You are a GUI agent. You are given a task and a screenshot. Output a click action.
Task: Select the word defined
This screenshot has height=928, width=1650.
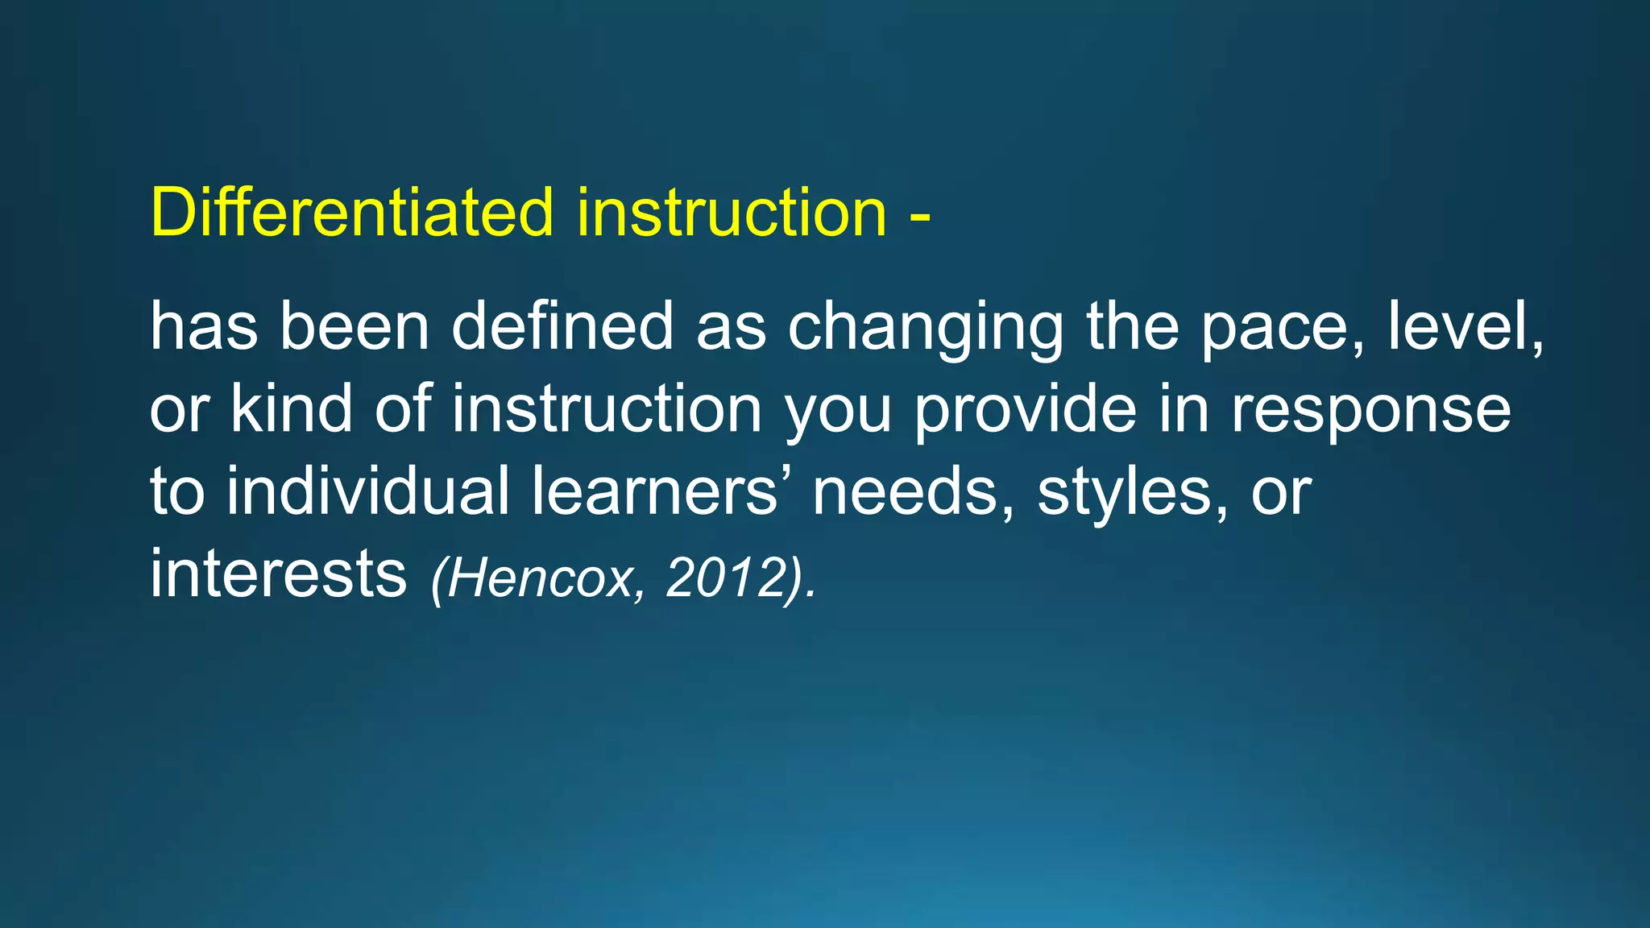562,326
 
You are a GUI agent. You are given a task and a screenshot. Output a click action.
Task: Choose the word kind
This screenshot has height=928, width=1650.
292,408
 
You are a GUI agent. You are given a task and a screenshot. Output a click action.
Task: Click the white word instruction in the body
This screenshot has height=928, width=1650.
606,409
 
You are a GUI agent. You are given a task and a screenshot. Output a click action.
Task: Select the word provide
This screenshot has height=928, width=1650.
1025,409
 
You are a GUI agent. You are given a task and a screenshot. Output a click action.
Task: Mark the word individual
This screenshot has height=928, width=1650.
367,491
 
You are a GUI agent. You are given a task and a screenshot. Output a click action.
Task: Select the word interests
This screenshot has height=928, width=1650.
278,574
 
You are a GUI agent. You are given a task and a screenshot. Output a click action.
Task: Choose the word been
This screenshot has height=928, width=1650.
354,326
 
